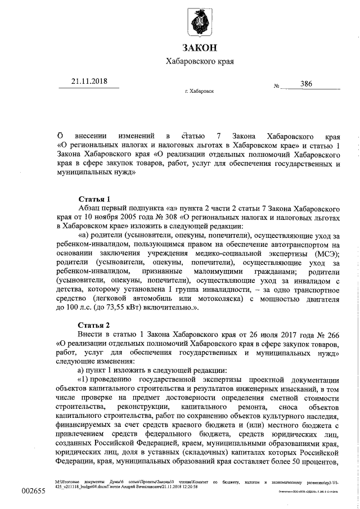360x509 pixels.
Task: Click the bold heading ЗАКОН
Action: pos(199,47)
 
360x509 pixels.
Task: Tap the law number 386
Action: pos(306,84)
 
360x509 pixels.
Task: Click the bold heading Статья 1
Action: pos(94,199)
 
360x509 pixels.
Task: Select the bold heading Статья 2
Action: pos(94,326)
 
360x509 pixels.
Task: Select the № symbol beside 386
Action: pos(277,86)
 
